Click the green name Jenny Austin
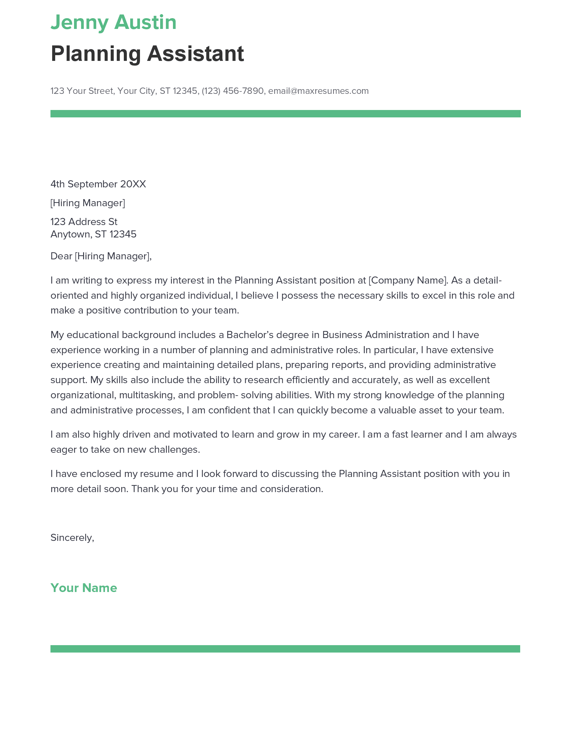pos(113,22)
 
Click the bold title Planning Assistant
pos(147,53)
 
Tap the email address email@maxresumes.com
pos(318,91)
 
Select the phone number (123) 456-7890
pos(233,91)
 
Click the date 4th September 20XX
pos(98,184)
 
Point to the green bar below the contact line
pos(285,113)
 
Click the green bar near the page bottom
pos(285,649)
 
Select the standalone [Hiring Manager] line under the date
pos(87,202)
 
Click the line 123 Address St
pos(84,222)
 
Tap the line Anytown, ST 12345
pos(93,234)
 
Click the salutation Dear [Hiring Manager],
pos(101,256)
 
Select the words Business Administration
pos(376,335)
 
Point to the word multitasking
pos(147,395)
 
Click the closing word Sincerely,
pos(72,538)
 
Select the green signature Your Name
pos(83,588)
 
